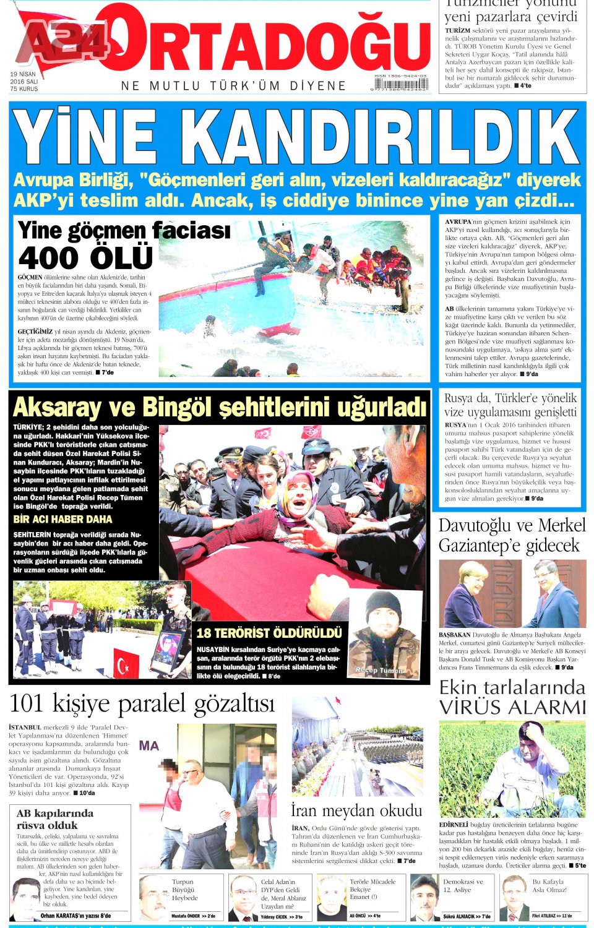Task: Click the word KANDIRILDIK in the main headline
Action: point(382,137)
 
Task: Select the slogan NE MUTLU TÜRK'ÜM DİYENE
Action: point(233,86)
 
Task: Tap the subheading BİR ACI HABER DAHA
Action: point(63,519)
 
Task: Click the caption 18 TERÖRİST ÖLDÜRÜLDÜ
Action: point(269,633)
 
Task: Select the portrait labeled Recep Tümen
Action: point(383,634)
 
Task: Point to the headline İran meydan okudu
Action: point(356,810)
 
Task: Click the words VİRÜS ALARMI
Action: point(512,707)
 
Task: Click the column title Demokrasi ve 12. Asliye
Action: point(463,886)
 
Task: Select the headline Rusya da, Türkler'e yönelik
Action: point(510,398)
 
